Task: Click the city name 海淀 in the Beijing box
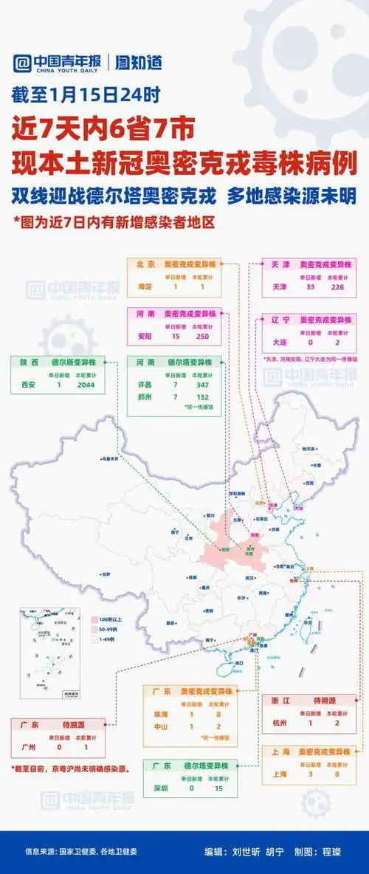145,286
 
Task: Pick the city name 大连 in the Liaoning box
280,343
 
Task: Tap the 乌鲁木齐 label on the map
109,458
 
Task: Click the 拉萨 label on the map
106,574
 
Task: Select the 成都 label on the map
193,577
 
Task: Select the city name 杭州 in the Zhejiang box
280,723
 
